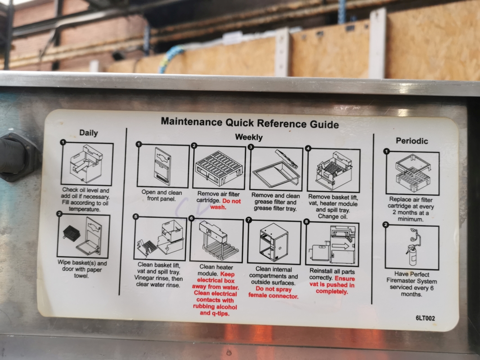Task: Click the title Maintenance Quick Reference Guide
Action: (x=250, y=123)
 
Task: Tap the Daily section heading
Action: (x=89, y=133)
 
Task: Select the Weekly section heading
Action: (x=249, y=137)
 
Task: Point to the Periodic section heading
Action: (x=412, y=141)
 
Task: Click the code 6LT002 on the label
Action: (x=425, y=318)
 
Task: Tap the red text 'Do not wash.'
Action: (x=226, y=204)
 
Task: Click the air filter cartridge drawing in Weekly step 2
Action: (x=219, y=168)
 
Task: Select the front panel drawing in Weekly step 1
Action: (x=162, y=166)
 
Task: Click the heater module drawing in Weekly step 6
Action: (x=215, y=240)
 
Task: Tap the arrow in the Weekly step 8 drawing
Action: (x=341, y=246)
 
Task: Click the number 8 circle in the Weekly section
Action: (x=306, y=222)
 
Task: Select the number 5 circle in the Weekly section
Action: (x=135, y=217)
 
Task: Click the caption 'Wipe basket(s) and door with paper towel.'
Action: (x=82, y=269)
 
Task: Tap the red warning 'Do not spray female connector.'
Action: (x=274, y=292)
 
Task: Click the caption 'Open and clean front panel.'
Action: (x=161, y=196)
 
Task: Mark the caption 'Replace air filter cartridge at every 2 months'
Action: (x=411, y=209)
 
